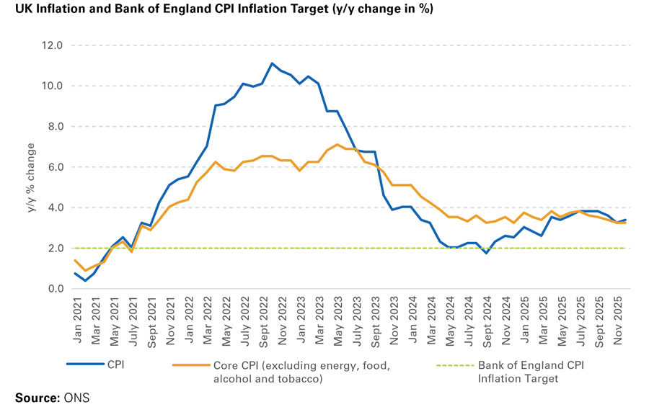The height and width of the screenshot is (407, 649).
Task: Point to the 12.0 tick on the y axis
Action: click(x=53, y=45)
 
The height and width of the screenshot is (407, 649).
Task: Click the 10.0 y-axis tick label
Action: click(x=53, y=86)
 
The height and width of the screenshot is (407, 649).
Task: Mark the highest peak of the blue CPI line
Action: click(x=273, y=63)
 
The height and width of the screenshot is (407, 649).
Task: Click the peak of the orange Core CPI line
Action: click(x=337, y=145)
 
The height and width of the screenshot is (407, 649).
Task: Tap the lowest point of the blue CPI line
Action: click(x=86, y=280)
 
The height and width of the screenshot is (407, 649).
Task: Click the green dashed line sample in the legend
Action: click(x=455, y=365)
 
